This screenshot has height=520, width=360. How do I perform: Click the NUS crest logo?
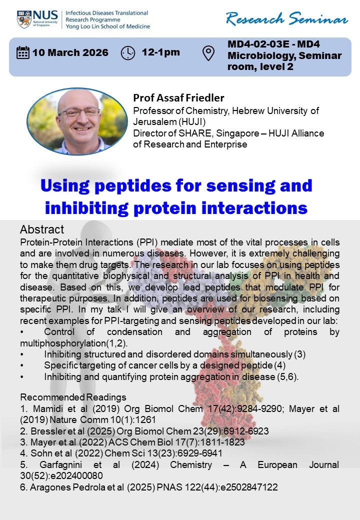pyautogui.click(x=24, y=19)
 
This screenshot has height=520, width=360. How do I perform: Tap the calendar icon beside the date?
pyautogui.click(x=23, y=52)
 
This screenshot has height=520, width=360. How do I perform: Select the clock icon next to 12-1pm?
pyautogui.click(x=128, y=53)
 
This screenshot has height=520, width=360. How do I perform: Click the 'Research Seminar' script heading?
pyautogui.click(x=286, y=18)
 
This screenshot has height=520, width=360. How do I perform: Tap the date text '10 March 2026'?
pyautogui.click(x=70, y=52)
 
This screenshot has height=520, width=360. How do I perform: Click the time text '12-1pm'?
pyautogui.click(x=161, y=52)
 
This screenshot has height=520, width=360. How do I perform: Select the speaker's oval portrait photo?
pyautogui.click(x=77, y=121)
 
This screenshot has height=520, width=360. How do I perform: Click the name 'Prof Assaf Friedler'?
pyautogui.click(x=178, y=98)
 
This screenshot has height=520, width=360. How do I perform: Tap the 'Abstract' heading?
pyautogui.click(x=42, y=229)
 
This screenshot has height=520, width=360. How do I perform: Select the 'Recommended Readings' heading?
pyautogui.click(x=73, y=397)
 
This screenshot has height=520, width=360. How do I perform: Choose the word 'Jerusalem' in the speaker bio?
pyautogui.click(x=155, y=121)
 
